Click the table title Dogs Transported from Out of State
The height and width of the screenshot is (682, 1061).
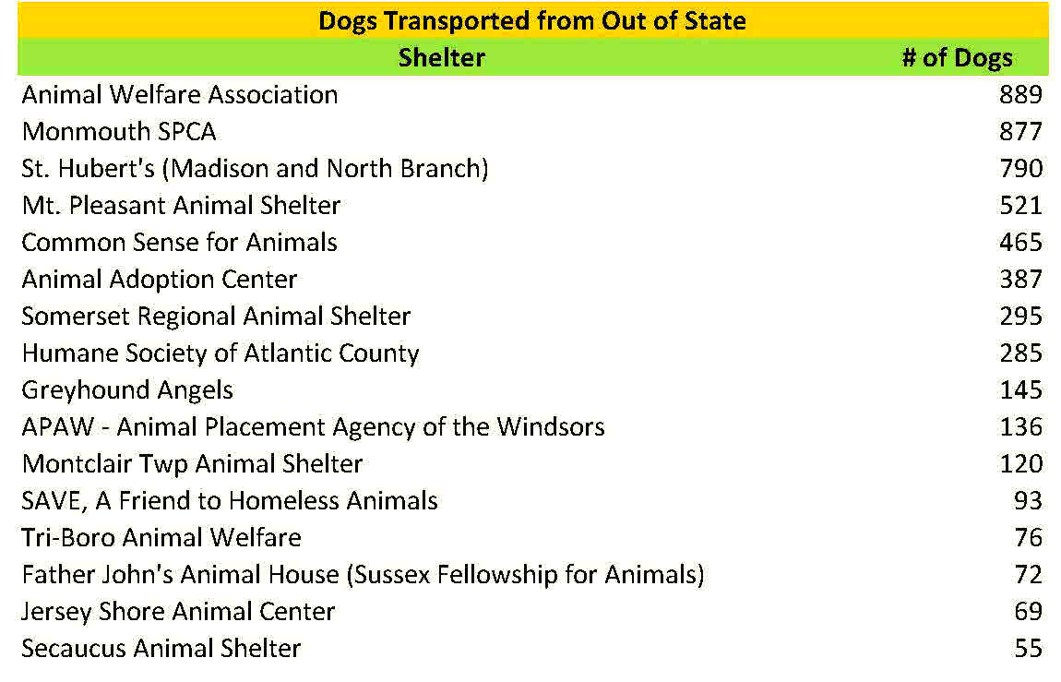click(531, 21)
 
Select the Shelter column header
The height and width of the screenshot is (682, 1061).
click(441, 58)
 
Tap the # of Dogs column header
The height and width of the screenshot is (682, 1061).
click(957, 58)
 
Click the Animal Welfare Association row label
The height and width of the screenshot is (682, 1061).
click(180, 95)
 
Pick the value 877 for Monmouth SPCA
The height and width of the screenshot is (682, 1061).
click(1020, 132)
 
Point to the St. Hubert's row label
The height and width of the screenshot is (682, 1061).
click(255, 169)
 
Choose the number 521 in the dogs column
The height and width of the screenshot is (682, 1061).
click(1020, 206)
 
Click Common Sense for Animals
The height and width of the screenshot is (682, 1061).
click(180, 243)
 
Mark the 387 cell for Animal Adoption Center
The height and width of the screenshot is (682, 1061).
click(1020, 280)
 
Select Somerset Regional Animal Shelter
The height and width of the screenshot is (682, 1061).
click(216, 317)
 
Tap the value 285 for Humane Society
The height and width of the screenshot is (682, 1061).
click(1020, 353)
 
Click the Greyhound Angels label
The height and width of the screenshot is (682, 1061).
click(127, 390)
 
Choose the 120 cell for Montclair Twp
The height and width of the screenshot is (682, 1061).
click(1020, 464)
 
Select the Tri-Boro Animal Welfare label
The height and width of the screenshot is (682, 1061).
click(161, 538)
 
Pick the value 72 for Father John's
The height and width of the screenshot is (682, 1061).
click(1028, 575)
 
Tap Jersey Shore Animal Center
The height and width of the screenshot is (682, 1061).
click(178, 612)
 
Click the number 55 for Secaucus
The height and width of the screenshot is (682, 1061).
click(1028, 649)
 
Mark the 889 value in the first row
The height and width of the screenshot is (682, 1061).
click(1020, 95)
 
